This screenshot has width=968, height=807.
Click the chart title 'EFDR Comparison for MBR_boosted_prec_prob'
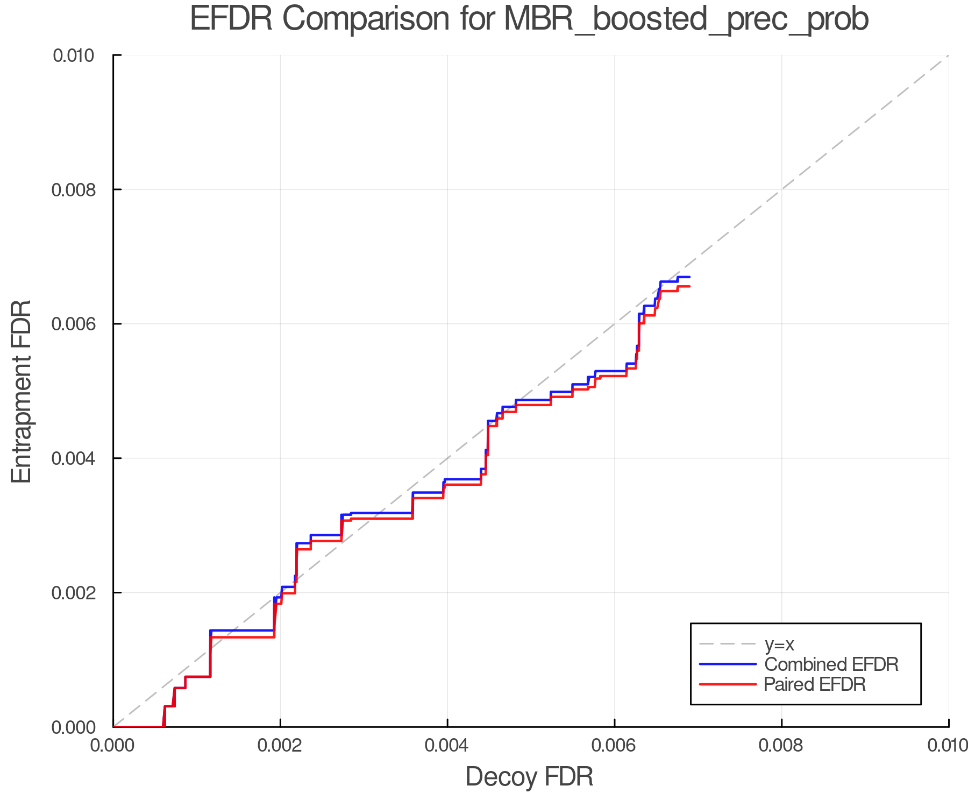pos(529,19)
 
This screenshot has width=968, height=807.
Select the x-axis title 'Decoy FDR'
pos(529,776)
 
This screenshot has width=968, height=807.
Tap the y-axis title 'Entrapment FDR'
pos(22,391)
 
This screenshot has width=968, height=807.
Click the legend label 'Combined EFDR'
pos(831,664)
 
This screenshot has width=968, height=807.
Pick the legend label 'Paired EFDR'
pos(814,684)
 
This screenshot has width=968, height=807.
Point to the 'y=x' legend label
pos(779,644)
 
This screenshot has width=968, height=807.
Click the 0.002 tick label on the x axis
pos(280,745)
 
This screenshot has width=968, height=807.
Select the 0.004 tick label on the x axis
pos(447,745)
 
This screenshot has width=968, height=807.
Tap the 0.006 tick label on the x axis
pos(614,745)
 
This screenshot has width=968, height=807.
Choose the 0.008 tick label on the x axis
pos(781,745)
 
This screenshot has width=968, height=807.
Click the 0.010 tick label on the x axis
pos(948,745)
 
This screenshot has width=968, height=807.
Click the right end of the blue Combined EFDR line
pos(689,277)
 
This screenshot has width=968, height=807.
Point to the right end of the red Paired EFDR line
pos(689,286)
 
